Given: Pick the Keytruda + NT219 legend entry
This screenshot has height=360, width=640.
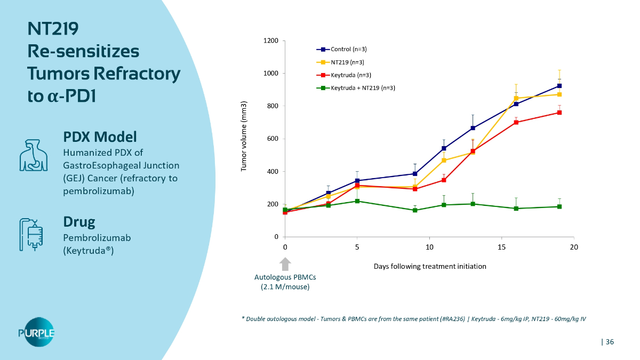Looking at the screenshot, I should (x=363, y=88).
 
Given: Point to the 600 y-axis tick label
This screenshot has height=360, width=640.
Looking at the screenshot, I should (x=273, y=139).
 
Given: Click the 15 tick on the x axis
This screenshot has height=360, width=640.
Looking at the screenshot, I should (x=501, y=247).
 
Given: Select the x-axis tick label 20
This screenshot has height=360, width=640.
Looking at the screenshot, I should (x=573, y=247).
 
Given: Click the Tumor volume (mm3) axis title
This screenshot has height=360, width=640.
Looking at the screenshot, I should (x=244, y=135).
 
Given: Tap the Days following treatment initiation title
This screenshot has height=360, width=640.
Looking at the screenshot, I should (x=430, y=266).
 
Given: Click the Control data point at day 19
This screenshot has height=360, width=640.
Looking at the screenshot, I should (x=559, y=86).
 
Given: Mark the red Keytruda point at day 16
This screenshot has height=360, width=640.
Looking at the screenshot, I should (x=516, y=122).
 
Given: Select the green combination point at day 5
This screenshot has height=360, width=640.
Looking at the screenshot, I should (x=357, y=201).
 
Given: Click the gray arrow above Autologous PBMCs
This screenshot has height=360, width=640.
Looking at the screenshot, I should (x=285, y=263).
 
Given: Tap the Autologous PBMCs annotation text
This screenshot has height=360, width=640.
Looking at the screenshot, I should (x=282, y=282).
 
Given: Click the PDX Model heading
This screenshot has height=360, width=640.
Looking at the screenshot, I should (x=100, y=136).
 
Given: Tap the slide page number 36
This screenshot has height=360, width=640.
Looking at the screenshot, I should (x=609, y=342).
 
